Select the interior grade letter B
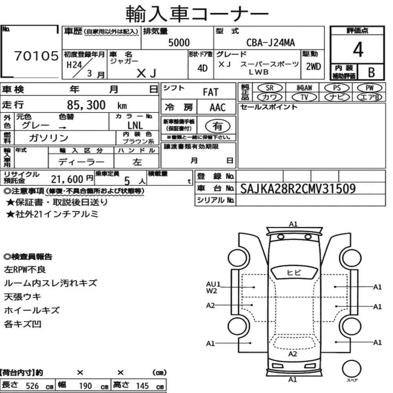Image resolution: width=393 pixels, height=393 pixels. pyautogui.click(x=371, y=72)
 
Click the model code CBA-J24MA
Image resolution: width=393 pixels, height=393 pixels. pyautogui.click(x=270, y=42)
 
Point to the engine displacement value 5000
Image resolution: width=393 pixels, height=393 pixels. pyautogui.click(x=179, y=43)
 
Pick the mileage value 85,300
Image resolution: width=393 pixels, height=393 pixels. pyautogui.click(x=86, y=105)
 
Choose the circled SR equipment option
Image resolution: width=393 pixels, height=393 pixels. pyautogui.click(x=270, y=88)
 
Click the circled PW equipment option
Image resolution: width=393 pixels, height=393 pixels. pyautogui.click(x=369, y=88)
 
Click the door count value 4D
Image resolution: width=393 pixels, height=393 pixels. pyautogui.click(x=202, y=68)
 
